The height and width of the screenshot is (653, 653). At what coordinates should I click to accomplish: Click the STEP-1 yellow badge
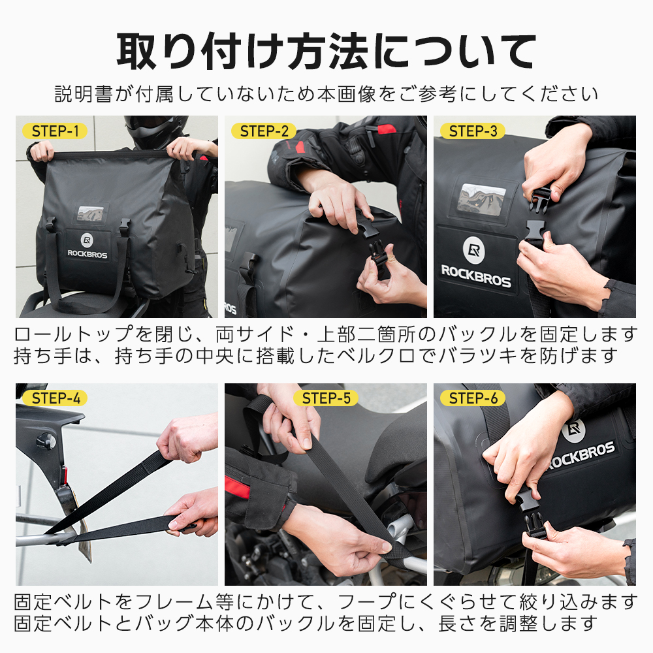coord(55,131)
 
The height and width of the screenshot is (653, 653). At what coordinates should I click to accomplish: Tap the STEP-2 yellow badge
coord(264,131)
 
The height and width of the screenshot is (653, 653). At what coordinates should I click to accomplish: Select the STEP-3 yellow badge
coord(473,131)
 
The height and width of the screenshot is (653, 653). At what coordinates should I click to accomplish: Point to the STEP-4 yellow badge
coord(55,398)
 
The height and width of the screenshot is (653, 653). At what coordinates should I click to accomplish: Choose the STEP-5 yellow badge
coord(325,398)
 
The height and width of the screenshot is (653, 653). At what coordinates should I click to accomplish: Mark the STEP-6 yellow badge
coord(473,398)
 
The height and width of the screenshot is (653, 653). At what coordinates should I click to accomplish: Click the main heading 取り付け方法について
coord(326,51)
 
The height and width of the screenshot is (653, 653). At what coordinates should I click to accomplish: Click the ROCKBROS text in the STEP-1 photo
coord(87,254)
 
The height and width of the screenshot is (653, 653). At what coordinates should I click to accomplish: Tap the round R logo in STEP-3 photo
coord(475,249)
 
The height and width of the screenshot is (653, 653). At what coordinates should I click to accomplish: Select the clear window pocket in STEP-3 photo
coord(481,198)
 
